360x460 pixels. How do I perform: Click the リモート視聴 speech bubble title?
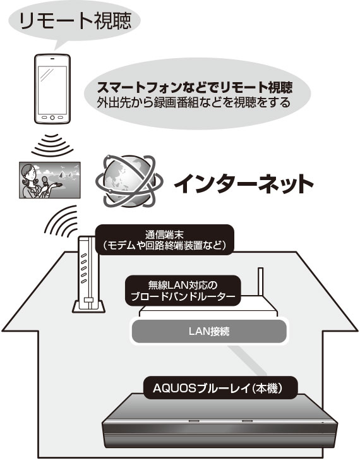click(75, 21)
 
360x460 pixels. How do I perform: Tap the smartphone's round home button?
click(52, 118)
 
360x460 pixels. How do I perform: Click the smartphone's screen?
click(52, 88)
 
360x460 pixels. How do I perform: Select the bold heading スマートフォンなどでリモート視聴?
click(195, 87)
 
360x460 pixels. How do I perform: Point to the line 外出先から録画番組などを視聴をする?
click(193, 102)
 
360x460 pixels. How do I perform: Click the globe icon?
click(129, 181)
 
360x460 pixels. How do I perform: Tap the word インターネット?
click(244, 184)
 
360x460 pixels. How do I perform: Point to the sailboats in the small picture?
click(65, 175)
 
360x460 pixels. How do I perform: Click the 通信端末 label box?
click(165, 239)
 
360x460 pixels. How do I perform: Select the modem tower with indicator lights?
click(87, 274)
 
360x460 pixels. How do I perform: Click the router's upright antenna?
click(260, 282)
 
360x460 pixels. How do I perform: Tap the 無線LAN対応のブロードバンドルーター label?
click(183, 291)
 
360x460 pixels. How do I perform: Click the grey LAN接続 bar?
click(208, 331)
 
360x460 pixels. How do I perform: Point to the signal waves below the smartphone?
click(52, 145)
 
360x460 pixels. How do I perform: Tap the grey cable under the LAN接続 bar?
click(247, 360)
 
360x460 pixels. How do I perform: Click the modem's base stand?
click(89, 306)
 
